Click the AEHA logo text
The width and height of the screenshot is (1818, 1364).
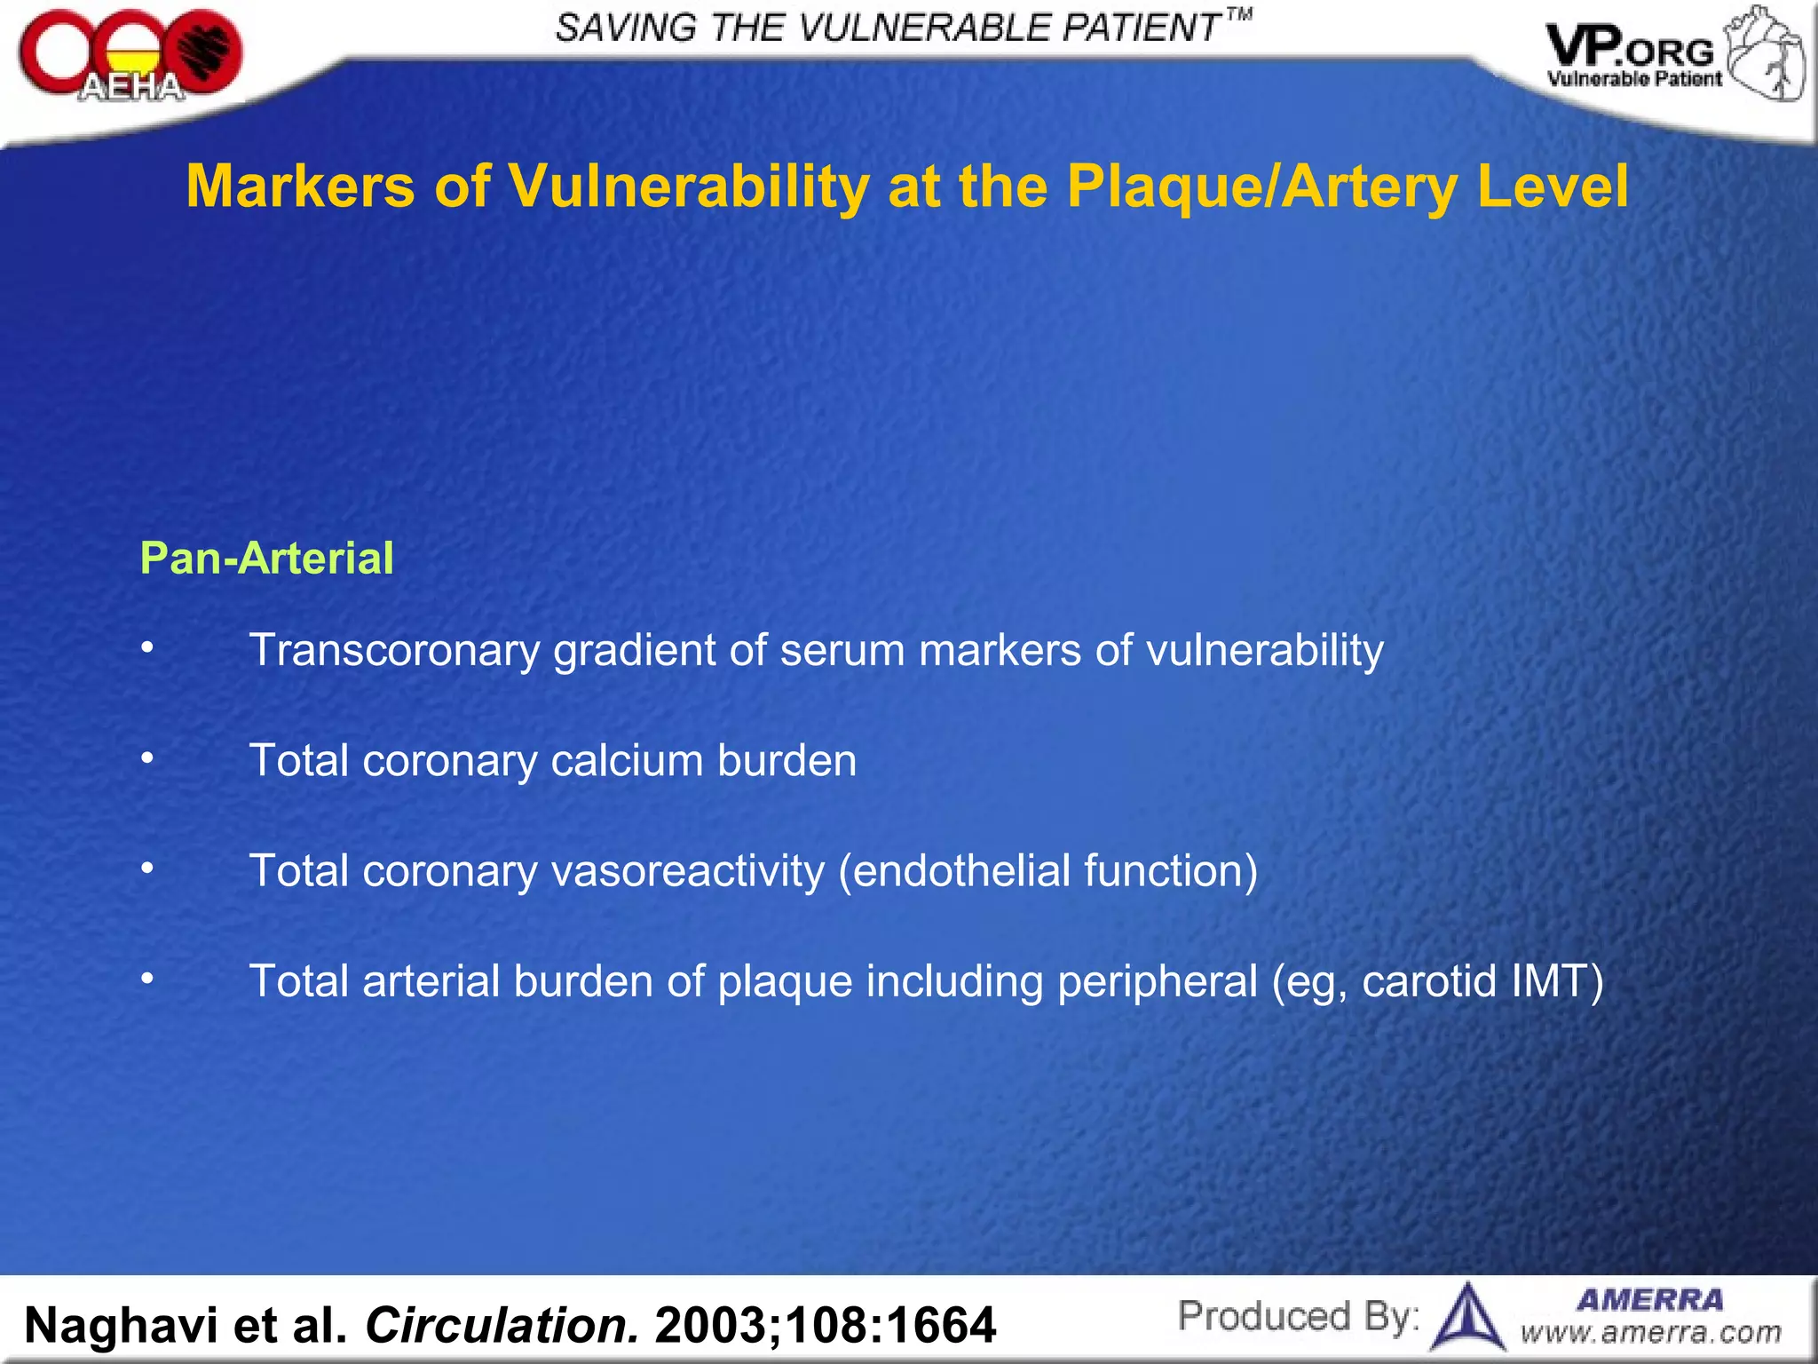[131, 87]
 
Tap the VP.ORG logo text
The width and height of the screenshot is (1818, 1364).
[1630, 50]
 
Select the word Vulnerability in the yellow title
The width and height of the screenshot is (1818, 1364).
[688, 186]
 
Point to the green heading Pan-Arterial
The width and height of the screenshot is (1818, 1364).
[266, 559]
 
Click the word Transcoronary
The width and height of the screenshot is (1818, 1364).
[394, 650]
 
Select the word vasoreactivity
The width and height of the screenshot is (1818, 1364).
[688, 871]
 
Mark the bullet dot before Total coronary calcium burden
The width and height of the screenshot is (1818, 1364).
[147, 758]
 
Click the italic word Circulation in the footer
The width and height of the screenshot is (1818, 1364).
[502, 1325]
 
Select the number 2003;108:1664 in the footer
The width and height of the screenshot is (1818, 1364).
[825, 1325]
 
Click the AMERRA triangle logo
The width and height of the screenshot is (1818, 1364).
[1468, 1317]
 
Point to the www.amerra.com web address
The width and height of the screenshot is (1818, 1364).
[1650, 1333]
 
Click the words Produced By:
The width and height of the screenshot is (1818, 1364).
[1298, 1316]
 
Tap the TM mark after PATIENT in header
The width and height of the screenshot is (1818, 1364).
[1239, 14]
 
